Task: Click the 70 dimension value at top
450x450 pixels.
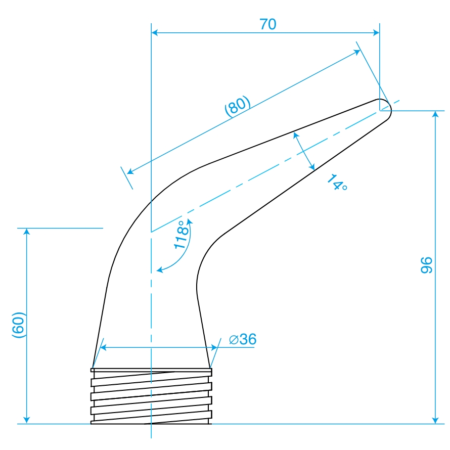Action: click(268, 24)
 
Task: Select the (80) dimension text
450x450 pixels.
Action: click(238, 106)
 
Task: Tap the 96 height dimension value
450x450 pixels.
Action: click(426, 265)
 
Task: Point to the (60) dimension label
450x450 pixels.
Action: click(19, 325)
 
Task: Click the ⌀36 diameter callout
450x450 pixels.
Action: click(243, 339)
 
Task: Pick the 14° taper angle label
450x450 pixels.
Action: click(337, 183)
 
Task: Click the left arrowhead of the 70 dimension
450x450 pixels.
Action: click(154, 33)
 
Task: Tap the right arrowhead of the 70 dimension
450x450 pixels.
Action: click(376, 33)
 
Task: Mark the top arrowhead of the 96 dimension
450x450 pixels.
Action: click(435, 114)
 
